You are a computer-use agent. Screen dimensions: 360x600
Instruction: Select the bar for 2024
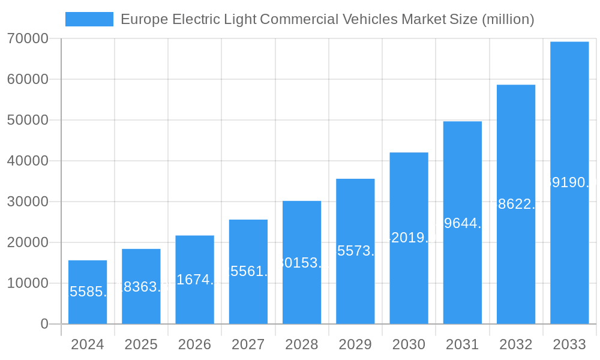click(88, 292)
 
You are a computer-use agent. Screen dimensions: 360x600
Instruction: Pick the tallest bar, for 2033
click(569, 183)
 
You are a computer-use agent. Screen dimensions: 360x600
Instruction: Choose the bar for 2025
click(141, 286)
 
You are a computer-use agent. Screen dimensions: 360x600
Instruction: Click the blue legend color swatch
click(89, 19)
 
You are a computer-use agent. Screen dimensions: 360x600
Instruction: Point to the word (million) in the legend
click(508, 19)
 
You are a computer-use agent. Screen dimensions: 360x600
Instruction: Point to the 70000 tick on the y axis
click(28, 38)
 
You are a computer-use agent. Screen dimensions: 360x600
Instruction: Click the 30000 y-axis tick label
click(28, 202)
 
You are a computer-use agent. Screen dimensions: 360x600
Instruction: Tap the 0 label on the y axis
click(44, 324)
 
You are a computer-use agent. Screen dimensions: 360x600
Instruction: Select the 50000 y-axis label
click(28, 120)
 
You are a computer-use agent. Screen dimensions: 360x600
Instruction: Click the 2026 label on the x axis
click(194, 344)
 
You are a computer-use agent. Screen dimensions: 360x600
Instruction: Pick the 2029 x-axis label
click(355, 344)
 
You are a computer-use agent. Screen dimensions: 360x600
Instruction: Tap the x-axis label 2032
click(516, 344)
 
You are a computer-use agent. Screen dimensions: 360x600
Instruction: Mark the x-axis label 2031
click(462, 344)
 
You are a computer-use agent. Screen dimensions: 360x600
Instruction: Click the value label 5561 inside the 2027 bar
click(248, 271)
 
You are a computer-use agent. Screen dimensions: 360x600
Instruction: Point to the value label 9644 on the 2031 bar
click(463, 223)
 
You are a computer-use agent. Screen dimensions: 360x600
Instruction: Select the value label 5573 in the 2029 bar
click(355, 251)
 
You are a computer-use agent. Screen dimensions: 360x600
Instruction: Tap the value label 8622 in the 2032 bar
click(516, 204)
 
